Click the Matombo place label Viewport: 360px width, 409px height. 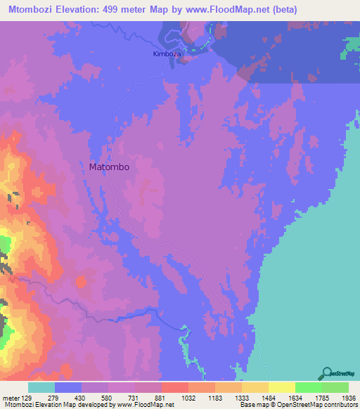pyautogui.click(x=110, y=167)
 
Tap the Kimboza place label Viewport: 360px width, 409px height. pyautogui.click(x=167, y=53)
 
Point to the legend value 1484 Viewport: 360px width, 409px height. pyautogui.click(x=255, y=398)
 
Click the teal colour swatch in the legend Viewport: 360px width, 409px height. pyautogui.click(x=41, y=387)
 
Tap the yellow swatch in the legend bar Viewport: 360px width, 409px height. pyautogui.click(x=281, y=387)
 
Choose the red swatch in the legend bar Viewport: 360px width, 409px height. pyautogui.click(x=174, y=387)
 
